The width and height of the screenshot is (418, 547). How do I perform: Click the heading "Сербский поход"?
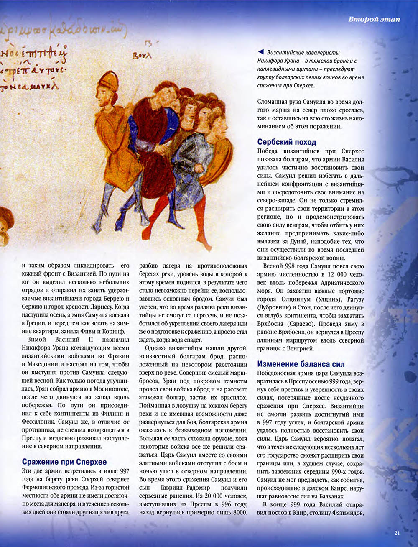[x=287, y=142]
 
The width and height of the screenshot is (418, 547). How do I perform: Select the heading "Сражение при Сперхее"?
[x=64, y=462]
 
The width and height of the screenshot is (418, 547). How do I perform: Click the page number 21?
[x=397, y=533]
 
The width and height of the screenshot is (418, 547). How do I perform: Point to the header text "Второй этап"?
[x=375, y=20]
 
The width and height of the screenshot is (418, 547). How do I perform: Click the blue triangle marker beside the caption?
[x=260, y=52]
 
